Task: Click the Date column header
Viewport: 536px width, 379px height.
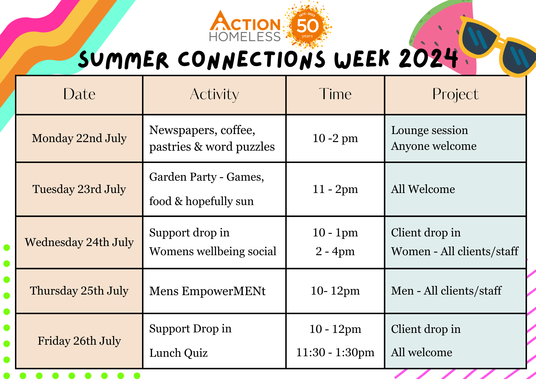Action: (x=79, y=94)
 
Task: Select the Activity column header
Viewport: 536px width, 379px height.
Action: (x=214, y=95)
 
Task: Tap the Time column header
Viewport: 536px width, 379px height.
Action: (x=335, y=94)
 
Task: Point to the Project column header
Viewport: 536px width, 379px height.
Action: (x=455, y=95)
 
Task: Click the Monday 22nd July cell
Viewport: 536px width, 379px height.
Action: (x=79, y=138)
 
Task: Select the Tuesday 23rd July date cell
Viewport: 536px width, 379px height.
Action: (x=79, y=189)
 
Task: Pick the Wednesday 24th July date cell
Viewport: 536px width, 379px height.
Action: (x=79, y=242)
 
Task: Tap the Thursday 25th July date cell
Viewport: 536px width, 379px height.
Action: (x=79, y=291)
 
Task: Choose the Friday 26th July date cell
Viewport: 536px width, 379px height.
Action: (x=79, y=341)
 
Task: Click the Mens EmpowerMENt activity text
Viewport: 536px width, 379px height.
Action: (x=207, y=291)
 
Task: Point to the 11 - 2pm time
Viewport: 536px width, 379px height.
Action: (x=335, y=189)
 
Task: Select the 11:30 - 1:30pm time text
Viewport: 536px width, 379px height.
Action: (x=335, y=352)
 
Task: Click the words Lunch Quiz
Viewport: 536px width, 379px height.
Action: (x=178, y=353)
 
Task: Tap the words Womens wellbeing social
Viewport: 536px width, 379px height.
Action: (x=213, y=251)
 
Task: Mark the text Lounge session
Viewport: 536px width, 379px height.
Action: (x=430, y=130)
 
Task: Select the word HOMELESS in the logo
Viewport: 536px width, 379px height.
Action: (x=245, y=37)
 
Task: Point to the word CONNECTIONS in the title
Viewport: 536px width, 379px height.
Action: (x=252, y=60)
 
